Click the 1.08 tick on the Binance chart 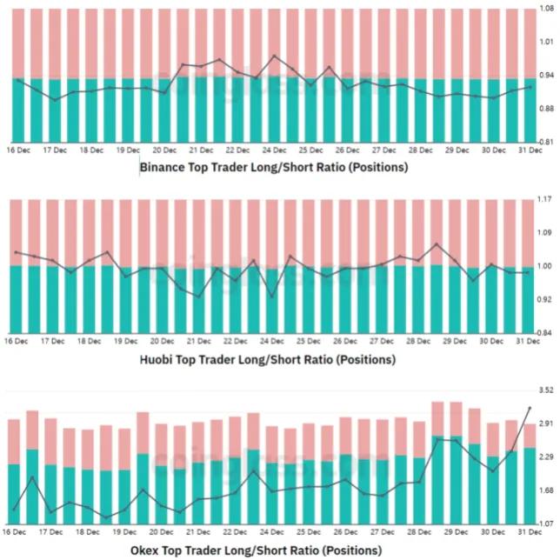click(x=547, y=8)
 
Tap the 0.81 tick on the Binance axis click(x=547, y=142)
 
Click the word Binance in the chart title click(x=163, y=167)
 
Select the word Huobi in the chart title click(x=157, y=359)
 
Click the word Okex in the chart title click(x=147, y=550)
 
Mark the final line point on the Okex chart click(x=530, y=408)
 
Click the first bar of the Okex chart click(x=14, y=470)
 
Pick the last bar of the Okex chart click(x=530, y=473)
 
